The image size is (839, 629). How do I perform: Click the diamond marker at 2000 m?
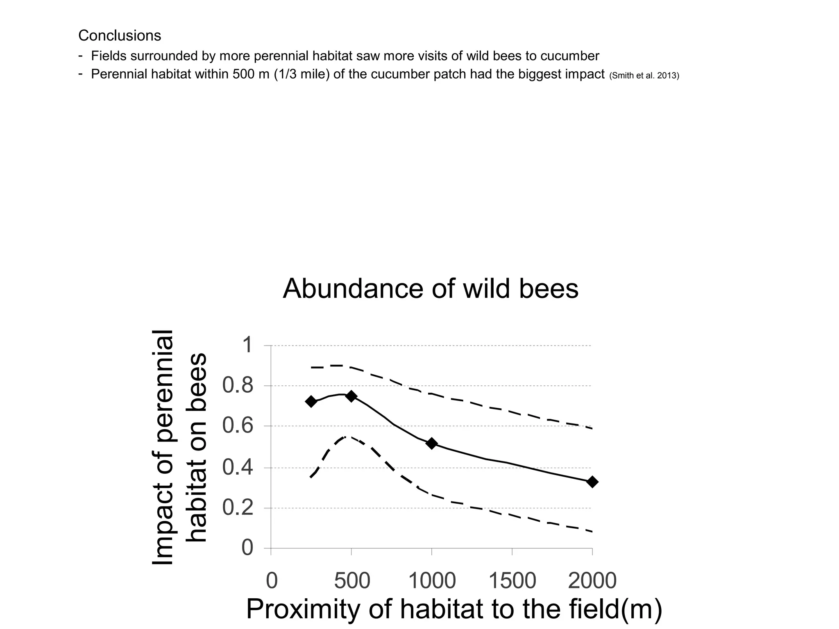point(592,482)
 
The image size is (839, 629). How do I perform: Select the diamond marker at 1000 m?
point(431,443)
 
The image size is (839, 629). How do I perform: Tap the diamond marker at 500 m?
point(351,396)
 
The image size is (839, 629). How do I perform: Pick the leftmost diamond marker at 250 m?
point(311,401)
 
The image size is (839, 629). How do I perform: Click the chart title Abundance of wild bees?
point(431,289)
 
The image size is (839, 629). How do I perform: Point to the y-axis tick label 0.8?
point(238,386)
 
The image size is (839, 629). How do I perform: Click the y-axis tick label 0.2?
point(238,508)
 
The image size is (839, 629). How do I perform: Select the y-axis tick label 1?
point(247,345)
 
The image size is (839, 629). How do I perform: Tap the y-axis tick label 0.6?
point(238,426)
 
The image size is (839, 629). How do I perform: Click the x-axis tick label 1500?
point(512,581)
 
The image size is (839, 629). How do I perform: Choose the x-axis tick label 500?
point(352,581)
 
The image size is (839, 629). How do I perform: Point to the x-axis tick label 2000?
point(592,581)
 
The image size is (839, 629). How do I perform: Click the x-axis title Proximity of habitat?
point(454,609)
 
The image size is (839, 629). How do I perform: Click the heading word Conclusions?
point(120,36)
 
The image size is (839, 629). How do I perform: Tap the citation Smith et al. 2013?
point(644,76)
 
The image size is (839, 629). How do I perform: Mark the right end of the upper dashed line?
point(592,428)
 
